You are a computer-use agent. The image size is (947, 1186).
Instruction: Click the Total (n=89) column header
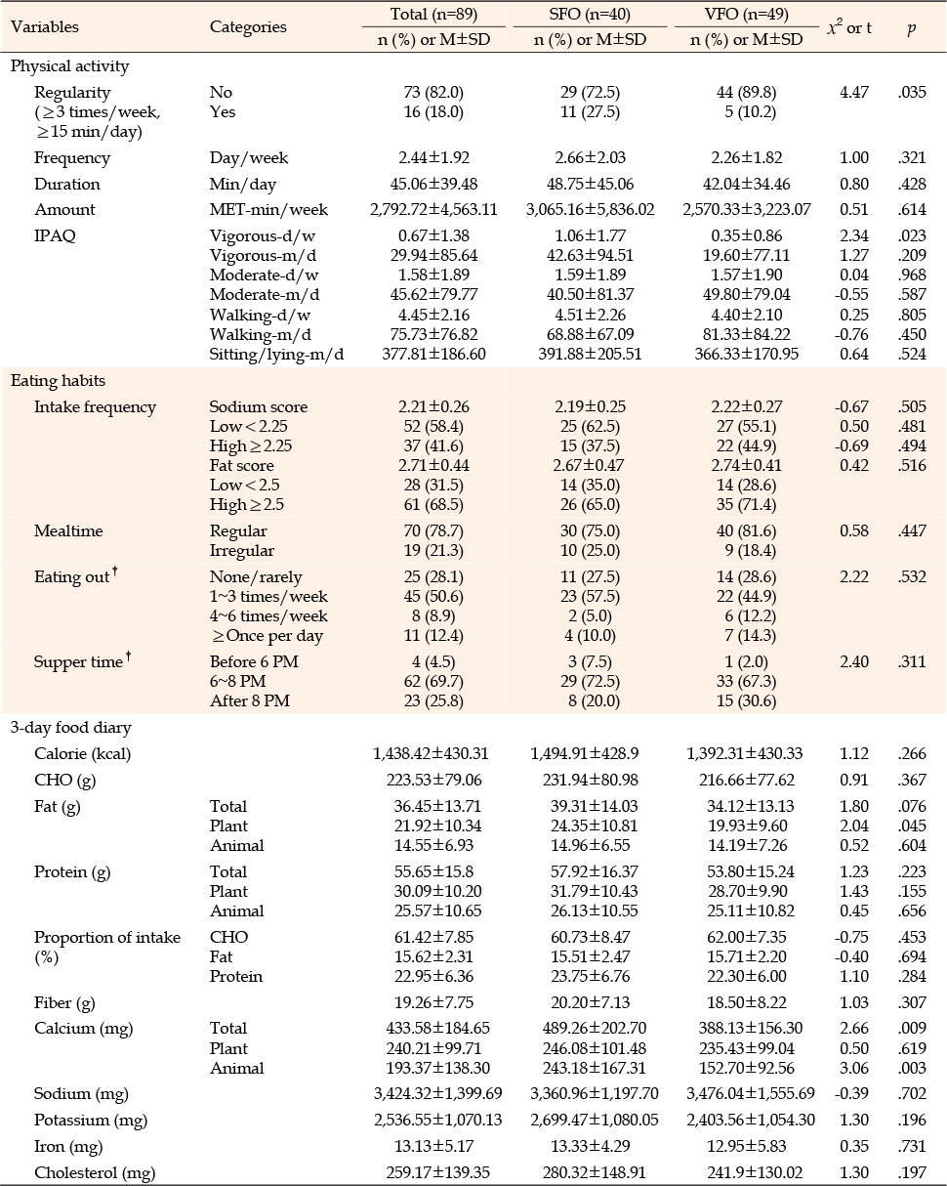point(433,14)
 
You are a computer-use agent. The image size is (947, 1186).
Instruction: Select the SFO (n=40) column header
point(590,14)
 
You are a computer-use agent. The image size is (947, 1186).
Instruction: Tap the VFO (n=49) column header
point(747,14)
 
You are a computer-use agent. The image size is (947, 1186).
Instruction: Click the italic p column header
point(912,28)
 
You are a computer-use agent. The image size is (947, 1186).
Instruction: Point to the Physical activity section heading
point(69,66)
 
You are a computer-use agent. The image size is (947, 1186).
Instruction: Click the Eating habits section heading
point(58,381)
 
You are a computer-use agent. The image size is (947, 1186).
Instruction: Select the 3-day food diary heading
point(70,728)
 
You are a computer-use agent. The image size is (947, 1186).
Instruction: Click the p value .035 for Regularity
point(912,92)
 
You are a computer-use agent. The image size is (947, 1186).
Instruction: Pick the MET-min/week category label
point(268,209)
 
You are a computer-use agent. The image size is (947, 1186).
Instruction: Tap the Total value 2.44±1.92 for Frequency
point(433,157)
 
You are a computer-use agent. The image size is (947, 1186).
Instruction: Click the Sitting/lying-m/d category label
point(276,355)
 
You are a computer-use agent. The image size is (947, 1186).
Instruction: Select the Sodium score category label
point(259,406)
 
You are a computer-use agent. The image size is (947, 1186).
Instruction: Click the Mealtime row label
point(68,530)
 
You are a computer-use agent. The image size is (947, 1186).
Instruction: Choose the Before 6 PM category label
point(254,661)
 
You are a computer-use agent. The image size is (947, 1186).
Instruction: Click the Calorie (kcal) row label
point(83,753)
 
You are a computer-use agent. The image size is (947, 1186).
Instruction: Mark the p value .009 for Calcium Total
point(912,1028)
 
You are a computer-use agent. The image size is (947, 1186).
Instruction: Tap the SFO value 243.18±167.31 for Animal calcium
point(590,1068)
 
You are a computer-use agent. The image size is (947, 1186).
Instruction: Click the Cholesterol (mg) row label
point(94,1172)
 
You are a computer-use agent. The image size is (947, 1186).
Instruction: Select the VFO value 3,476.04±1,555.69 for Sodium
point(747,1093)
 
